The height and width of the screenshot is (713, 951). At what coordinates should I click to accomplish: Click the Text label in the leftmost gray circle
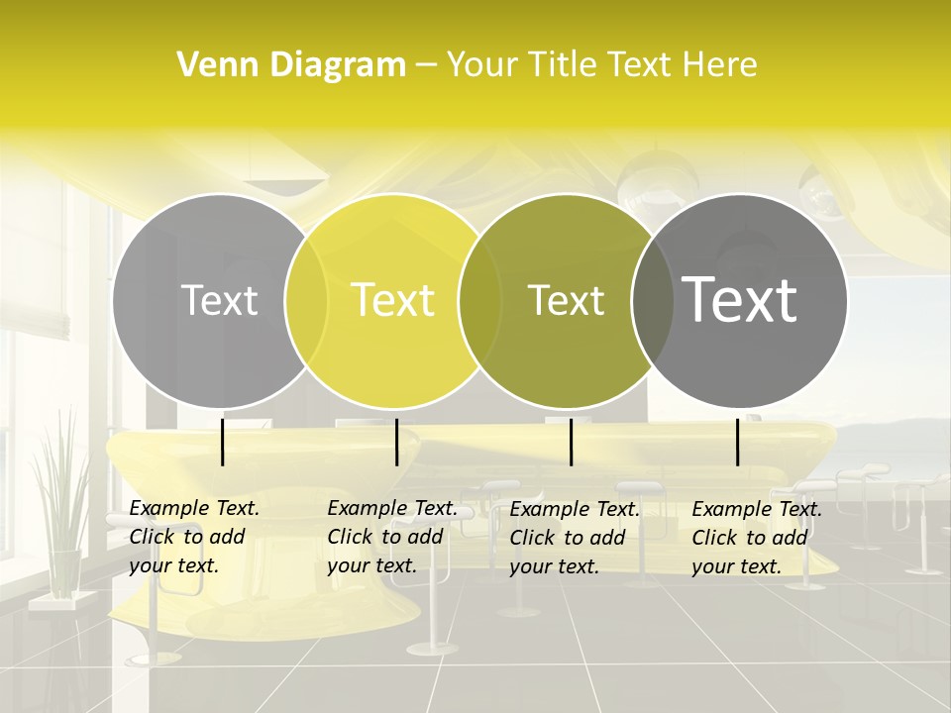[219, 300]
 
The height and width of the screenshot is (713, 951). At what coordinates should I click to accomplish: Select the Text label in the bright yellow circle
[392, 300]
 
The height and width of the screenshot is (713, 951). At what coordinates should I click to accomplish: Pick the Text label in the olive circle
[566, 300]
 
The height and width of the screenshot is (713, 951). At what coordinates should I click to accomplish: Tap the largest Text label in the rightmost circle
[739, 300]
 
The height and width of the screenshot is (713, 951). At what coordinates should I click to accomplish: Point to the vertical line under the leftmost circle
[223, 442]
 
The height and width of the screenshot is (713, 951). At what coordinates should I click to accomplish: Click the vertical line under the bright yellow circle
[396, 442]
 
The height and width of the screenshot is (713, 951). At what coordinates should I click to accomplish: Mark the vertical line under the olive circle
[571, 442]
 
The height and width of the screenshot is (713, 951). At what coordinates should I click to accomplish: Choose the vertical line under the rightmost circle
[738, 442]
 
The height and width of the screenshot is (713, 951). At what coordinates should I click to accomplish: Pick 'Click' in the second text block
[349, 538]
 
